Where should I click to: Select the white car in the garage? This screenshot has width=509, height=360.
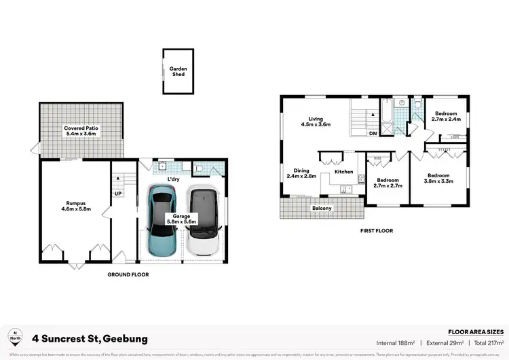[204, 222]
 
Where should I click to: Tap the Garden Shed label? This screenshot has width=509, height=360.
[178, 71]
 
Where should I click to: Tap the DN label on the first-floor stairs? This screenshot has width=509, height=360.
[373, 134]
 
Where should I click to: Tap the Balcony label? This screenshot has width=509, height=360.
[321, 209]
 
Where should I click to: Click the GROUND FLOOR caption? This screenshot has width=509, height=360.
[128, 275]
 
